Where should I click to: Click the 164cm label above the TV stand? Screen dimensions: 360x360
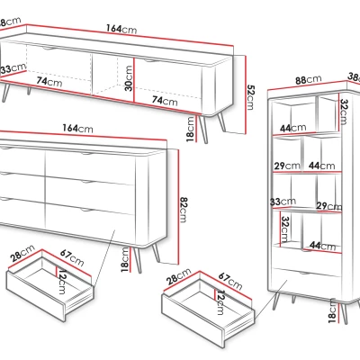[x=121, y=29]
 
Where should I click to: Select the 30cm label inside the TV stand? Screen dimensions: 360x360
[x=128, y=78]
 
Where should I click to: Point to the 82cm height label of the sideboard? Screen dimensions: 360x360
[x=184, y=210]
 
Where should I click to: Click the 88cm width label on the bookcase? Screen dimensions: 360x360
[x=308, y=80]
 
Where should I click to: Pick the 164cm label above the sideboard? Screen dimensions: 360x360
[x=77, y=128]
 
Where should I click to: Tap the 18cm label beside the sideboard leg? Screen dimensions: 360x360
[x=125, y=260]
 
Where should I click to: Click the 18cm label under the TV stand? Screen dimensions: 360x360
[x=191, y=130]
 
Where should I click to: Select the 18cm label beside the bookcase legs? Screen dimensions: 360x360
[x=332, y=310]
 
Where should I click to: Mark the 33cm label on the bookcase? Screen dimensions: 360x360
[x=283, y=202]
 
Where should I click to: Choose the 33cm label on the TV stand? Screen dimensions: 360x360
[x=13, y=68]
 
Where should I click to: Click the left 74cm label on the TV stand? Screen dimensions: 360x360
[x=49, y=81]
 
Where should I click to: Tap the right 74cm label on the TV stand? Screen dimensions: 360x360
[x=165, y=101]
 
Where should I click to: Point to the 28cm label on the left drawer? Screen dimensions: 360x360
[x=22, y=254]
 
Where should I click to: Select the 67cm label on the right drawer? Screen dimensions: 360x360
[x=229, y=281]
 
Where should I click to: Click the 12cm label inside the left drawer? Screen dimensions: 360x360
[x=63, y=282]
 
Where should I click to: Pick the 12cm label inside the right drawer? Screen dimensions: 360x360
[x=220, y=302]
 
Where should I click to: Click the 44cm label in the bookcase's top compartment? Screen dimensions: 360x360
[x=293, y=128]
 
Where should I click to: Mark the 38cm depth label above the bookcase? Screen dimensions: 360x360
[x=354, y=77]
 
